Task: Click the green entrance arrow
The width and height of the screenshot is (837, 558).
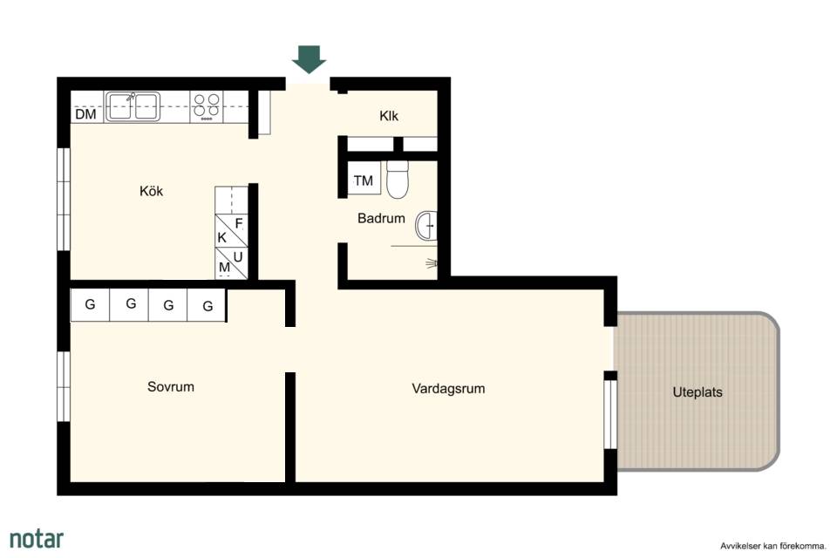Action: (309, 59)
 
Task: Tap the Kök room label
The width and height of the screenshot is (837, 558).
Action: (151, 191)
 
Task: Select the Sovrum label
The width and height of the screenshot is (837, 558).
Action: (171, 386)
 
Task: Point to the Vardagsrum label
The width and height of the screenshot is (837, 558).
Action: (448, 389)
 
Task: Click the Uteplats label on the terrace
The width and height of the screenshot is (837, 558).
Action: (697, 392)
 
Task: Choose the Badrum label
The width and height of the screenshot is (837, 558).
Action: (381, 218)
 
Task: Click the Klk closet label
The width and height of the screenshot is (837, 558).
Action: (389, 116)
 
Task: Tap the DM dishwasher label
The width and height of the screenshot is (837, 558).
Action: (86, 114)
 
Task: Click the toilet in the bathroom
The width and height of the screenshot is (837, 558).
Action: (398, 180)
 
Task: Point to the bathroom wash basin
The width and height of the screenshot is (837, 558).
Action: (426, 226)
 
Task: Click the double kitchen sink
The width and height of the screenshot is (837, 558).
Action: (133, 106)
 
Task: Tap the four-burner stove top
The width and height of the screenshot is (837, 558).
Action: (207, 106)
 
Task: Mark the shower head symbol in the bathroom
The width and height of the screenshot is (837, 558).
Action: (432, 262)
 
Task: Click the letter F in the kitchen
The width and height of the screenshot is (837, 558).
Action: (239, 223)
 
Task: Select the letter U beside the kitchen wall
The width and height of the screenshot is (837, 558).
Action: (238, 257)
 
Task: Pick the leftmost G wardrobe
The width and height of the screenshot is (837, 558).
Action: (90, 304)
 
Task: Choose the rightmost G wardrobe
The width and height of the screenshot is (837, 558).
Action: (208, 306)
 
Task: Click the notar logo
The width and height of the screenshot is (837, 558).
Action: (37, 539)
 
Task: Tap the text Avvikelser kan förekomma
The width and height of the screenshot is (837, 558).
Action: (773, 547)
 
